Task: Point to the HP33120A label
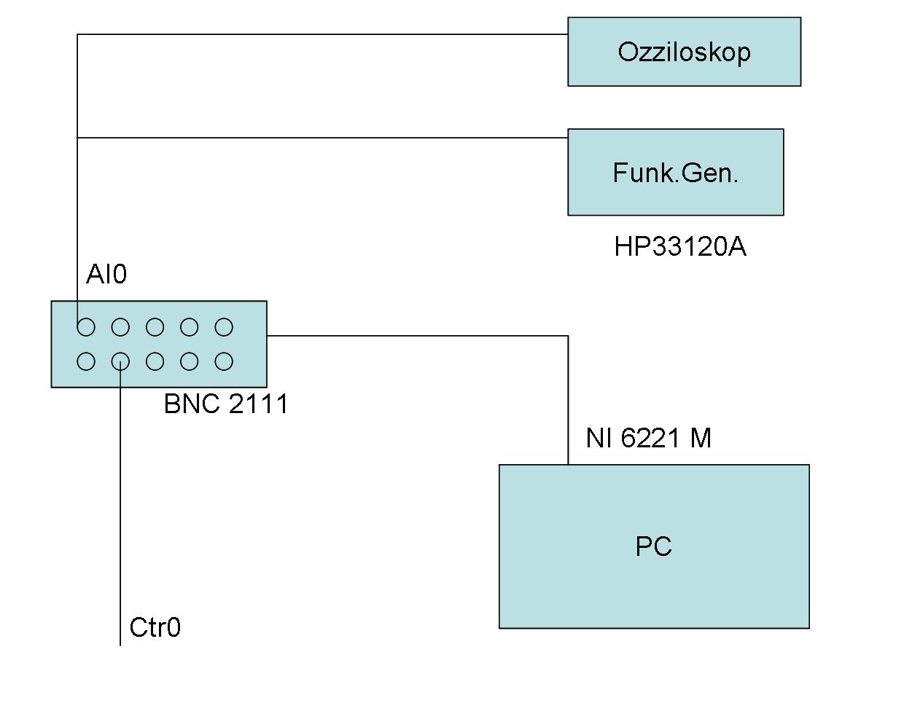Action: click(680, 247)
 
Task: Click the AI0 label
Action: click(106, 275)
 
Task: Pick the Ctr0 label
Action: click(155, 627)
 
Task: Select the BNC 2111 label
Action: click(226, 404)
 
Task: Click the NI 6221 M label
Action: click(648, 438)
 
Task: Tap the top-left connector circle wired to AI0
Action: click(86, 328)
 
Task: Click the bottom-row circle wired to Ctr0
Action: click(120, 361)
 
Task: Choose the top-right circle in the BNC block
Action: click(224, 328)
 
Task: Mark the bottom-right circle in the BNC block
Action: click(224, 361)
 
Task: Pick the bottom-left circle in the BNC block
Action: click(86, 361)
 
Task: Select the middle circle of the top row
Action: click(155, 328)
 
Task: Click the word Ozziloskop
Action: click(684, 52)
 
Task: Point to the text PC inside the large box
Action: click(653, 546)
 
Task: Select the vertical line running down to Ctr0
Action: click(120, 510)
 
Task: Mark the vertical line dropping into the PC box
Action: click(568, 401)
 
